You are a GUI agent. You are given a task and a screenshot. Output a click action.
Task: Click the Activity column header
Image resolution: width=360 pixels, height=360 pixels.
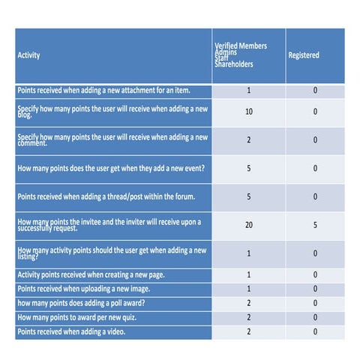coord(29,55)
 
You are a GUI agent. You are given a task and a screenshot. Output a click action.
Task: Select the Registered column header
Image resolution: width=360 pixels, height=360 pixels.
coord(304,55)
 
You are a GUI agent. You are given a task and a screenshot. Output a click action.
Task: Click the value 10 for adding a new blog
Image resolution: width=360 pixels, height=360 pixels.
coord(249,111)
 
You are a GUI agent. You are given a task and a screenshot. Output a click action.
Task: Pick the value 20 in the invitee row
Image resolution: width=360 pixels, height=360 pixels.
coord(249,224)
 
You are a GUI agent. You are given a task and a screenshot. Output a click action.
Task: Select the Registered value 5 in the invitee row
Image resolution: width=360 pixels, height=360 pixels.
coord(315,224)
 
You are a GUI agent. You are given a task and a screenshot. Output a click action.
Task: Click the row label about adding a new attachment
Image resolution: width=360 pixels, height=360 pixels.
coord(103,91)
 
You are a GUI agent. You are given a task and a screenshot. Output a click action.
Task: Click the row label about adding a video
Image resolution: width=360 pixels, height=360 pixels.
coord(71,331)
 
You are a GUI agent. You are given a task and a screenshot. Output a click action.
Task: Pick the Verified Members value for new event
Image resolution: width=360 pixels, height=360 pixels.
coord(249,168)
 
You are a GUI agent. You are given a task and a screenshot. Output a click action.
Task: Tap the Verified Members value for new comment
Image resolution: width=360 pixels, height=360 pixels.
coord(249,139)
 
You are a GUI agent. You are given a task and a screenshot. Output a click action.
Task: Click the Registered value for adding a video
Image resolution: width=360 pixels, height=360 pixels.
coord(315,331)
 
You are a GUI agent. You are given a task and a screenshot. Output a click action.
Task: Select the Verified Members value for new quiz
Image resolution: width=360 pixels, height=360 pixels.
coord(249,317)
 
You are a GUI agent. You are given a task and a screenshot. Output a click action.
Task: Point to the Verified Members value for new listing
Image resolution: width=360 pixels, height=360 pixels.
coord(249,253)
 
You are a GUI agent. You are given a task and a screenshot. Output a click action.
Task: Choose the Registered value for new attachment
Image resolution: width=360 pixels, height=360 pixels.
coord(315,91)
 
